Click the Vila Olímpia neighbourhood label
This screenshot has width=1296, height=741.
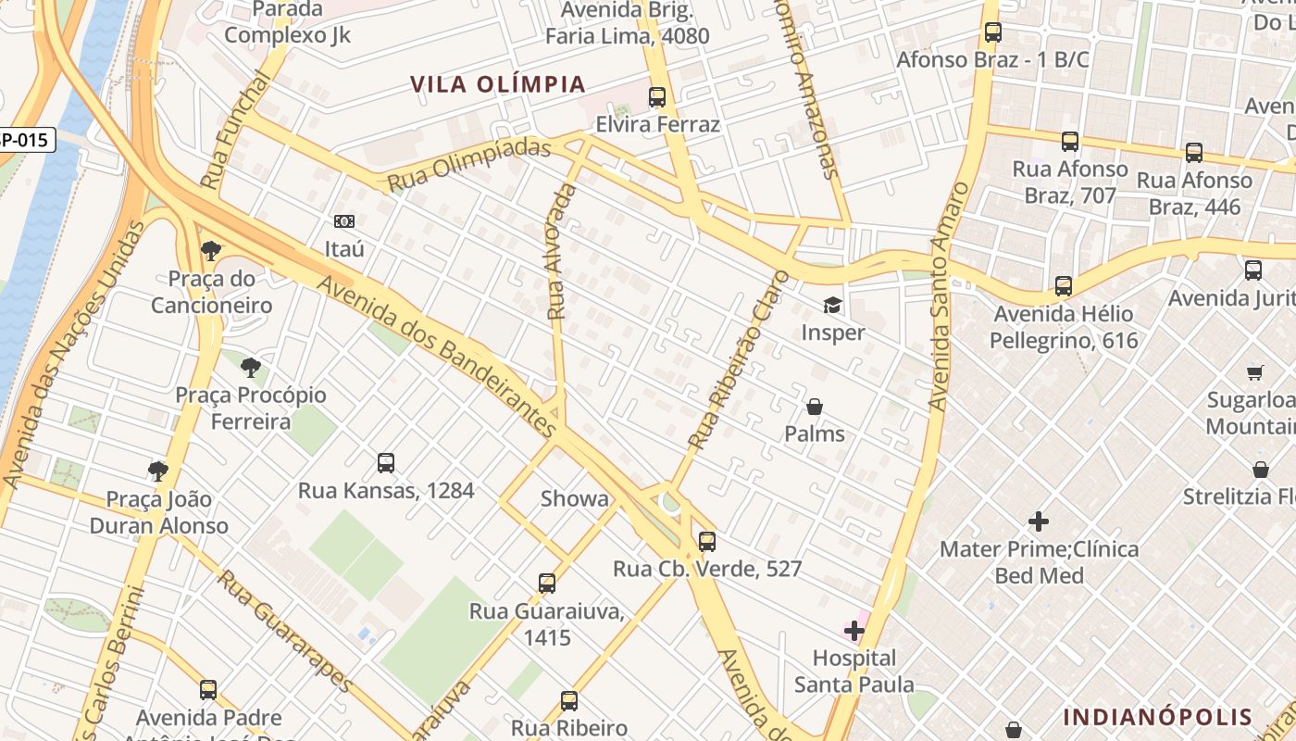pyautogui.click(x=498, y=84)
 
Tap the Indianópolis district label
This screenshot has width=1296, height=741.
pyautogui.click(x=1157, y=717)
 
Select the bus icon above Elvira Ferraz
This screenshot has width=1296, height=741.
pyautogui.click(x=657, y=96)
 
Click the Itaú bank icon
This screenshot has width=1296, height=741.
pyautogui.click(x=344, y=221)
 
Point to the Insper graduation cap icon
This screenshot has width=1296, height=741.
pyautogui.click(x=833, y=305)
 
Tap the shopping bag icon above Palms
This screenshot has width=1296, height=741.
pyautogui.click(x=815, y=407)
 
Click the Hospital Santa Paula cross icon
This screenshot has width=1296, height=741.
pyautogui.click(x=854, y=632)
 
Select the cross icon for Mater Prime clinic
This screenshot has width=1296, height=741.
pyautogui.click(x=1039, y=521)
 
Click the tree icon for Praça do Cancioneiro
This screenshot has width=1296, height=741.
pyautogui.click(x=211, y=250)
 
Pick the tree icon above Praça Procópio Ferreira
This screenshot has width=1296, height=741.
pyautogui.click(x=251, y=368)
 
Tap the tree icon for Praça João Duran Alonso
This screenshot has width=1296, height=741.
pyautogui.click(x=158, y=471)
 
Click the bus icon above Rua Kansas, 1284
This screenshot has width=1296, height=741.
pyautogui.click(x=386, y=463)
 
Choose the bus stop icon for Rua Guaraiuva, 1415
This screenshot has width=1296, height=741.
pyautogui.click(x=547, y=584)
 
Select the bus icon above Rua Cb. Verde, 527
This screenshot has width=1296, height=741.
pyautogui.click(x=707, y=542)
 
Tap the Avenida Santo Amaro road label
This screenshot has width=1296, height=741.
pyautogui.click(x=949, y=296)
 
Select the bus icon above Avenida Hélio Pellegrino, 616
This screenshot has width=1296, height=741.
pyautogui.click(x=1064, y=286)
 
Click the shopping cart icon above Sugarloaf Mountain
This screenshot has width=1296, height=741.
pyautogui.click(x=1255, y=373)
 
